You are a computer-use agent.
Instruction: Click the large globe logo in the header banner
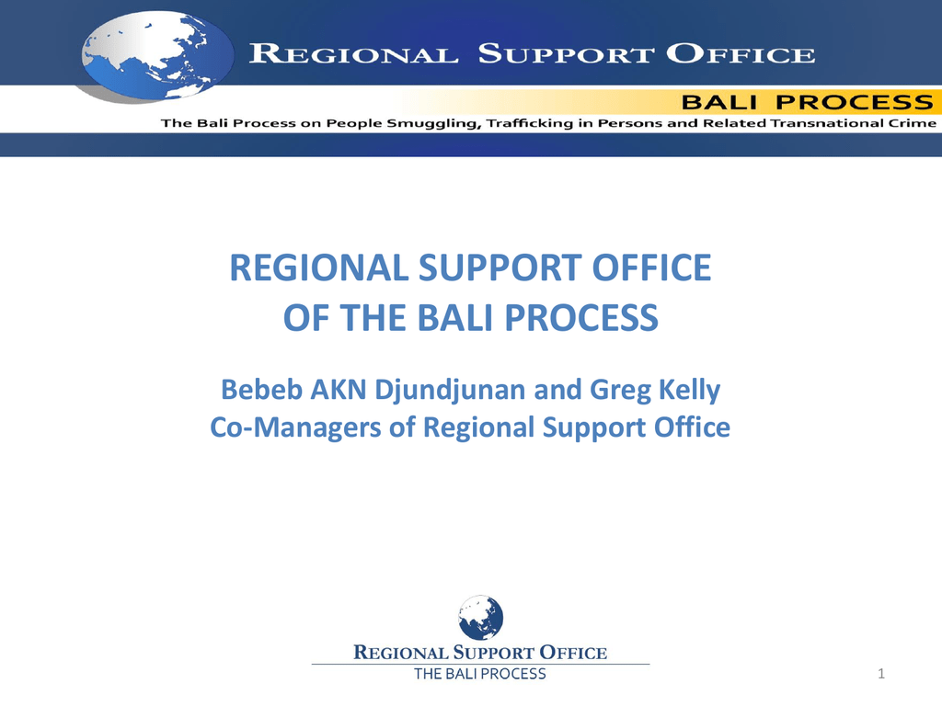157,55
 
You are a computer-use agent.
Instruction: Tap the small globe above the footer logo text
480,618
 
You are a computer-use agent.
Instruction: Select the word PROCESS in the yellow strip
855,103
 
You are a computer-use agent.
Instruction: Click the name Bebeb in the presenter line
262,390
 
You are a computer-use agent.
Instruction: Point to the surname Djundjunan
451,391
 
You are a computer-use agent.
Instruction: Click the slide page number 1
881,674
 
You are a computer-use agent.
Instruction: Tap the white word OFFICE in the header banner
741,54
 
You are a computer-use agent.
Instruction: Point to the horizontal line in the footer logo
480,664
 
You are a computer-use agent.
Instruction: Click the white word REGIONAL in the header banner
353,54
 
